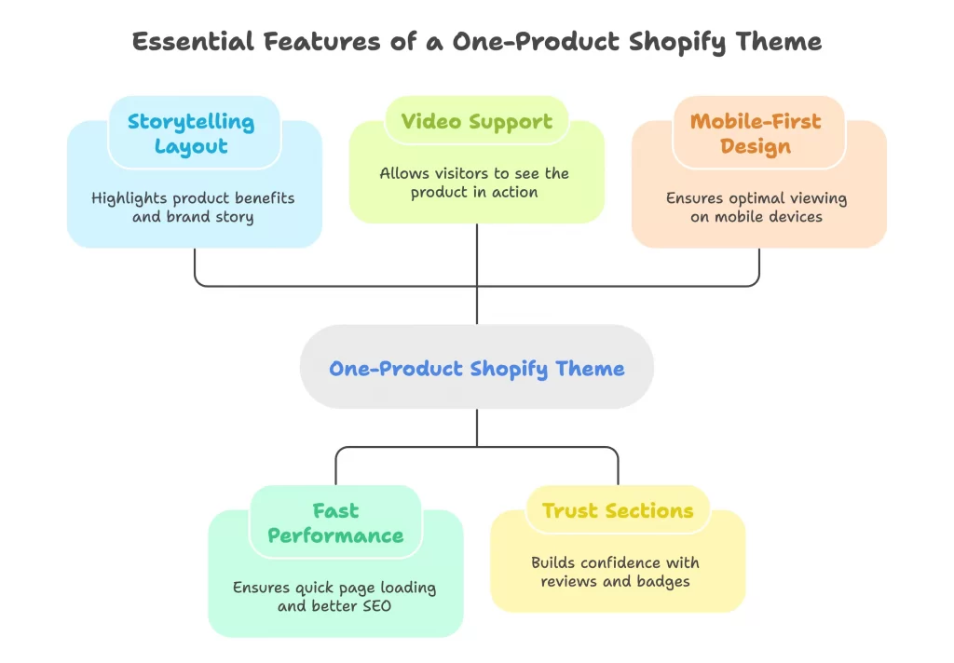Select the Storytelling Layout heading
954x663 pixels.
[191, 134]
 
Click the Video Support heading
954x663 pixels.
[476, 121]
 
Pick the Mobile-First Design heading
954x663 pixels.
[756, 134]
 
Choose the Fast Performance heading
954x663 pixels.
[335, 523]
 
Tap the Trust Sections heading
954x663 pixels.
[618, 510]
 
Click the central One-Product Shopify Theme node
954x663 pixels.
[476, 368]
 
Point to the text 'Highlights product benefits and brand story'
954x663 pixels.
[193, 207]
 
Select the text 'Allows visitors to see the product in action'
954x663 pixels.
[474, 183]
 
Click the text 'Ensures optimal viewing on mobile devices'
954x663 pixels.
[756, 207]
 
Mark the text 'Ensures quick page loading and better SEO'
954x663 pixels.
[334, 596]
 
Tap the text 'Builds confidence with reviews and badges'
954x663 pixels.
[615, 571]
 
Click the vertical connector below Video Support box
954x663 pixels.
[477, 270]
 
